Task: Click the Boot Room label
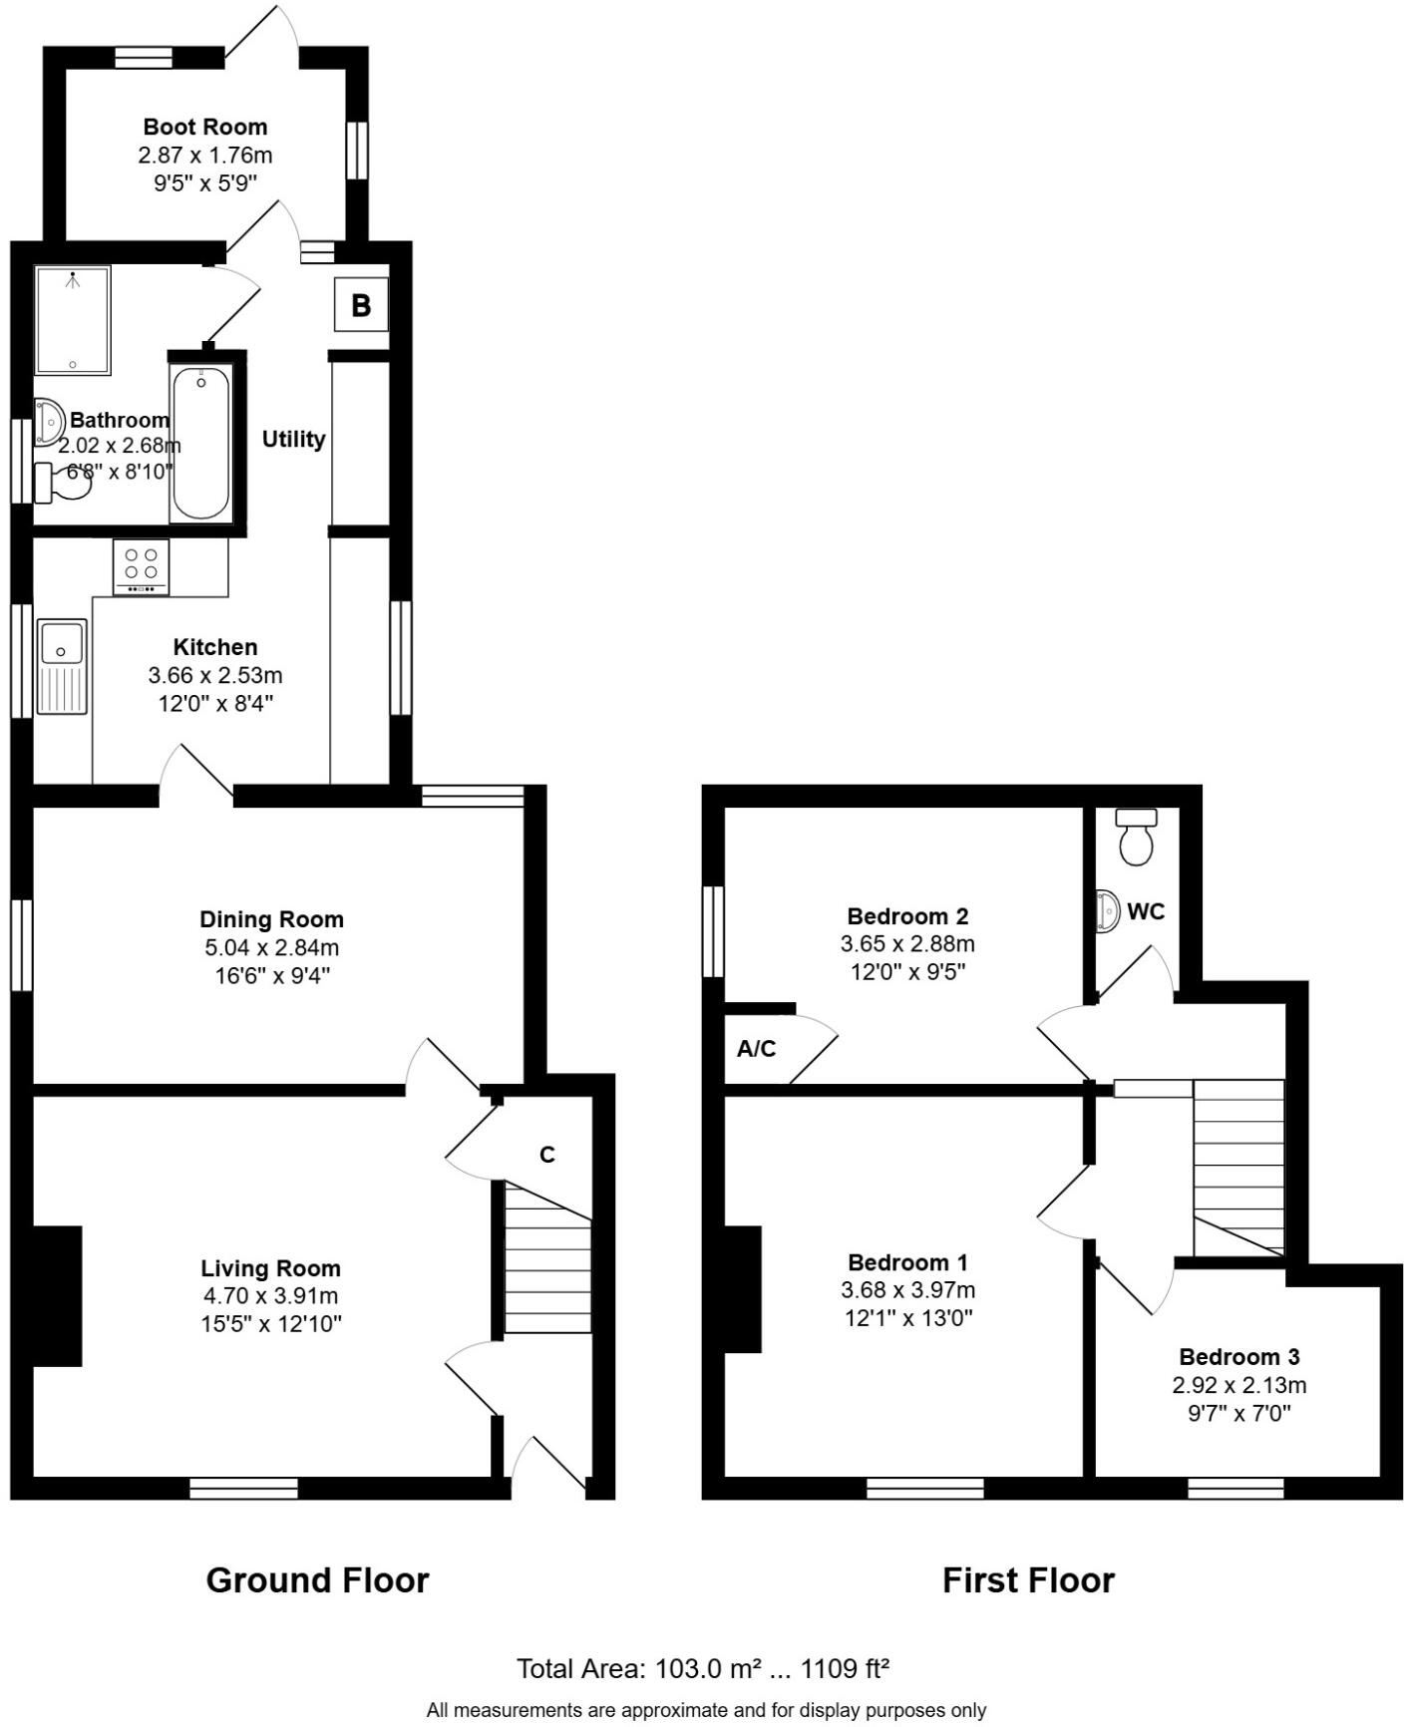coord(204,127)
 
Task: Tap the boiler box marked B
coord(361,305)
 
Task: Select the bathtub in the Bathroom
coord(200,443)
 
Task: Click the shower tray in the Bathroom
coord(72,319)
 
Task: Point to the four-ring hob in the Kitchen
coord(141,565)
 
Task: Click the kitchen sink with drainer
coord(62,666)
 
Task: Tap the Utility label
coord(293,439)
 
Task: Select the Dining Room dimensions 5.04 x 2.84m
coord(270,947)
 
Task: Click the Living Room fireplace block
coord(57,1295)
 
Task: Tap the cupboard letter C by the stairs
coord(546,1154)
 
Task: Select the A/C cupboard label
coord(756,1049)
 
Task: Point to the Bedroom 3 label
coord(1238,1356)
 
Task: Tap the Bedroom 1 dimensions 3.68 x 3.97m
coord(907,1290)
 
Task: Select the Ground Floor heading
coord(317,1580)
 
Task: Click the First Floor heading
coord(1028,1580)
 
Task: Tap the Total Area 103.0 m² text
coord(702,1669)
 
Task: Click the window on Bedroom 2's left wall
coord(713,931)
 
